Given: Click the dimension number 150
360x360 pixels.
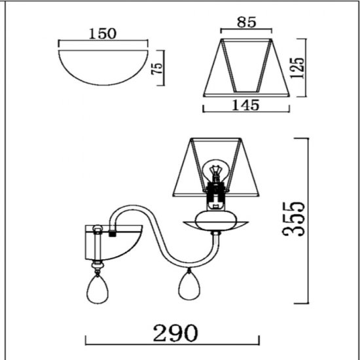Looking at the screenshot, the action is (103, 34).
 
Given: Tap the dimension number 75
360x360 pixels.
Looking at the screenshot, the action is (157, 68).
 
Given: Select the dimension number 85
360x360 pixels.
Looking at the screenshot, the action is (246, 22).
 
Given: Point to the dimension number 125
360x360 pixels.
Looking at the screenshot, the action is (297, 67).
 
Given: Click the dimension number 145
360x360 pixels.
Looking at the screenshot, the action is (245, 105).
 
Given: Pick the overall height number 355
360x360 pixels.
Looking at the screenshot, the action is (293, 219).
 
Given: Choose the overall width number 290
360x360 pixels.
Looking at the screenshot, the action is (175, 333).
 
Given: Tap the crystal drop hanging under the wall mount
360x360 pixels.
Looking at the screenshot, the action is (98, 289).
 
